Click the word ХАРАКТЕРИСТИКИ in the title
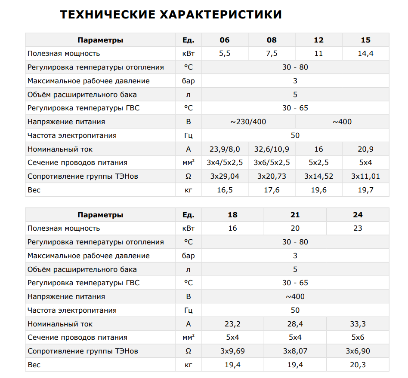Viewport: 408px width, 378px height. (221, 15)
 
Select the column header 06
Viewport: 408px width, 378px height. (225, 40)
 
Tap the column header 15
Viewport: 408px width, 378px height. (365, 40)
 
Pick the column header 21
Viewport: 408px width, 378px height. (295, 215)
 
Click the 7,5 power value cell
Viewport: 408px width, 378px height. (272, 54)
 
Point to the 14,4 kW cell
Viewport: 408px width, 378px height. (365, 54)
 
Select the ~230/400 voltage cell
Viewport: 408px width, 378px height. (248, 122)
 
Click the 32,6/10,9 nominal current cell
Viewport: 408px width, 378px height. (272, 149)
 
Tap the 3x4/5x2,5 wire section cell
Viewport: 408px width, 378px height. (225, 163)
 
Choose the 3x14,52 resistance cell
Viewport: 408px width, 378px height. (318, 177)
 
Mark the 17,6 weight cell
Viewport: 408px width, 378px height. (272, 190)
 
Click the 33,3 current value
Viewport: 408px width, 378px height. (358, 324)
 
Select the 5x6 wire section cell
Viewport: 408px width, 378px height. (358, 338)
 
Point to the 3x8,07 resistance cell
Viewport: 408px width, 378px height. (295, 351)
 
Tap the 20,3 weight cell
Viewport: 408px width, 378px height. (358, 365)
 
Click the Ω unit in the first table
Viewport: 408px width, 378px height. (188, 177)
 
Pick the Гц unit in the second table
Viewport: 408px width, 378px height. (188, 311)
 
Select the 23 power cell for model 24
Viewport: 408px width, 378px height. (358, 229)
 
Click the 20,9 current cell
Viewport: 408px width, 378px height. (365, 149)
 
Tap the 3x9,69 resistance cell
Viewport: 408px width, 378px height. (232, 351)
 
